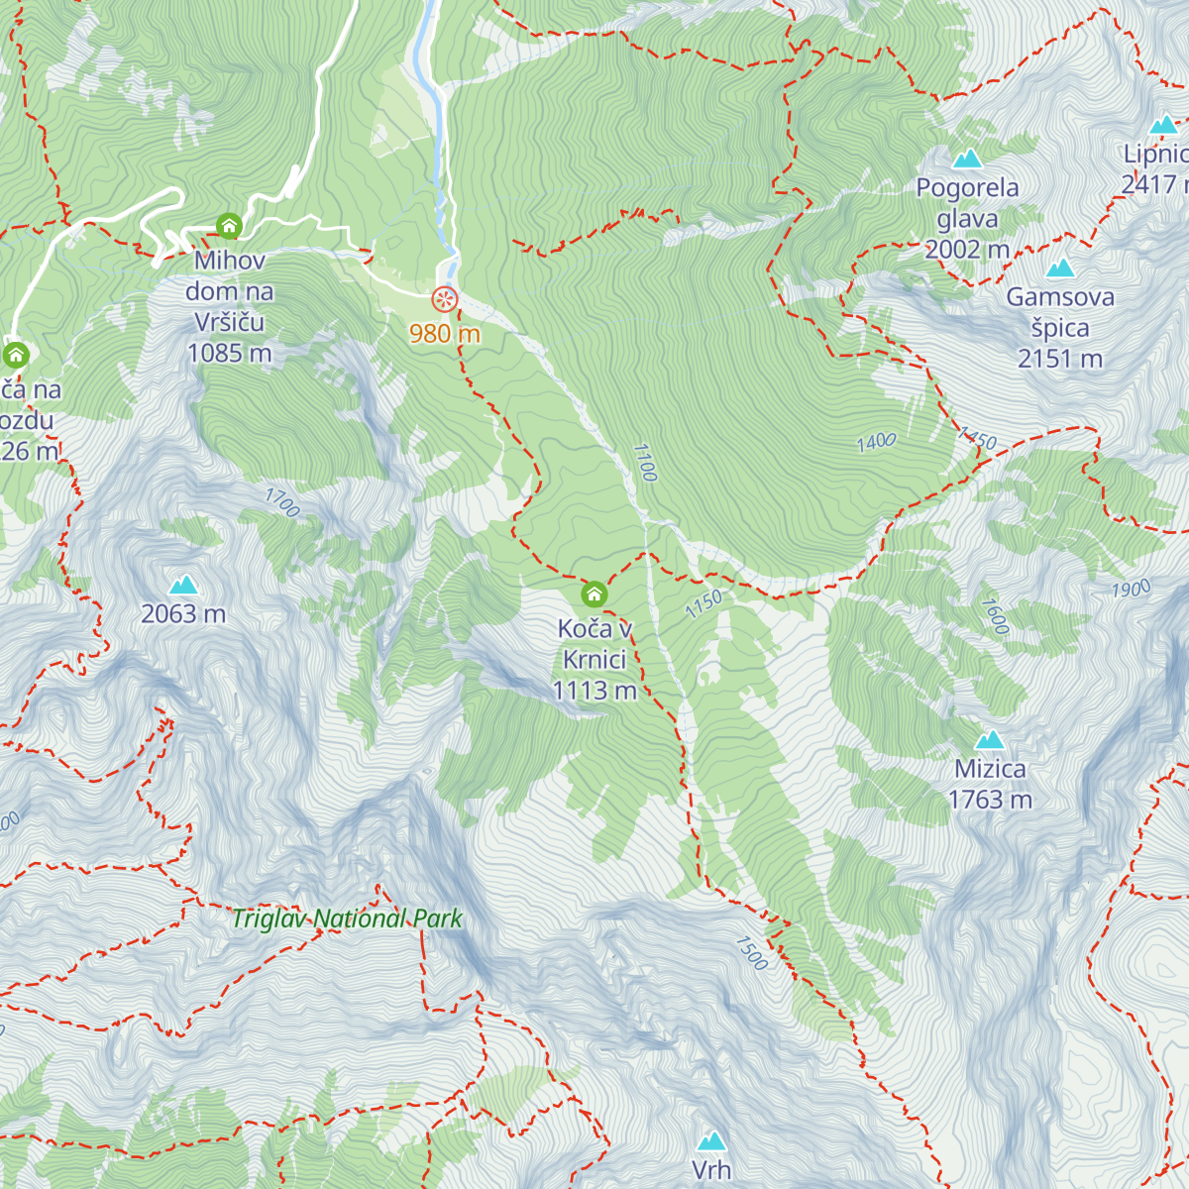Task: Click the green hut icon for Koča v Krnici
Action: (x=594, y=594)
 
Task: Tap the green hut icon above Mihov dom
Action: (x=229, y=227)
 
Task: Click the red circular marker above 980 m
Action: (x=445, y=299)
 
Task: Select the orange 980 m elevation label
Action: (x=445, y=334)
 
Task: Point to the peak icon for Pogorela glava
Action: (x=967, y=159)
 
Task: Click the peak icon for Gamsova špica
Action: (x=1060, y=268)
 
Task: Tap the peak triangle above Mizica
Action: (x=990, y=740)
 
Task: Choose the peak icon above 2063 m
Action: (x=183, y=586)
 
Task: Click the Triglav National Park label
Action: (x=347, y=919)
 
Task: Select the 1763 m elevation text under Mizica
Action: (x=990, y=800)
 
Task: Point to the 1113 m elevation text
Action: (x=594, y=691)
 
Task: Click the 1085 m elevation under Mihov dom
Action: (x=229, y=354)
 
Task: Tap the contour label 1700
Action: (x=281, y=503)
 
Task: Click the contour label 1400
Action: (x=877, y=442)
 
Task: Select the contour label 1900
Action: (x=1131, y=590)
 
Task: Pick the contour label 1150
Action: (x=703, y=604)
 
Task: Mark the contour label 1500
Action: (x=751, y=953)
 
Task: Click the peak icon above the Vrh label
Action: (x=711, y=1141)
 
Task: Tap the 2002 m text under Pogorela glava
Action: (x=967, y=250)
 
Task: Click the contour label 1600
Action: (x=995, y=615)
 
